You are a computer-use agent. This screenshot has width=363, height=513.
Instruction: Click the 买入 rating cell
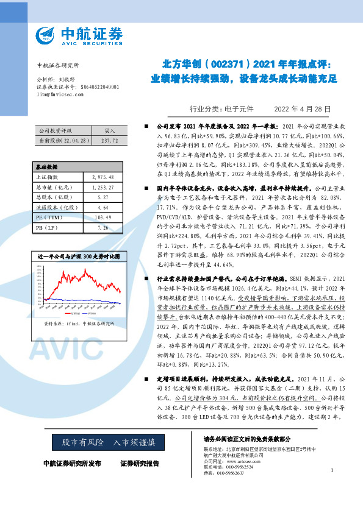[x=110, y=131]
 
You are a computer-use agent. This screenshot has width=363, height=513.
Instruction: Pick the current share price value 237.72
[x=110, y=140]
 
